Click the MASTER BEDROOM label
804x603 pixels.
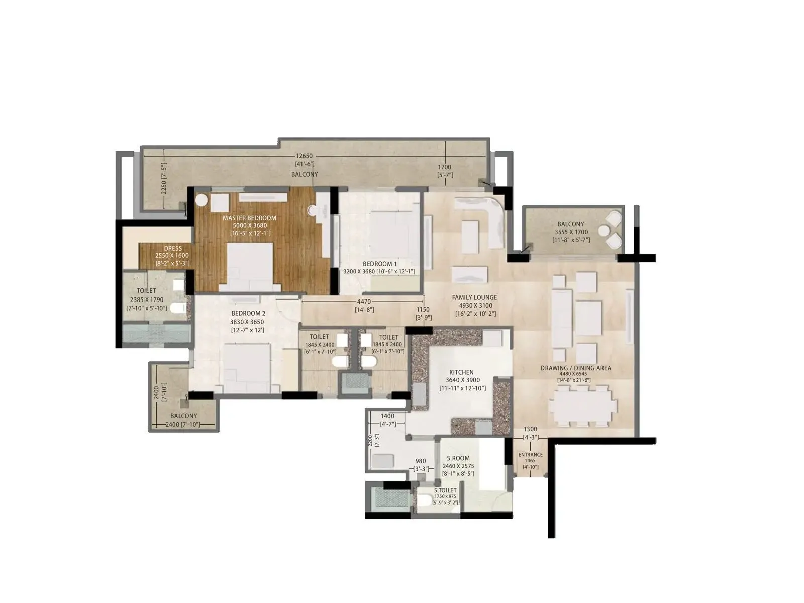(x=250, y=218)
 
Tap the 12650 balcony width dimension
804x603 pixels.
(x=305, y=156)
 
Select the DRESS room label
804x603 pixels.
(x=172, y=248)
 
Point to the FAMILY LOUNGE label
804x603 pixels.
(x=474, y=297)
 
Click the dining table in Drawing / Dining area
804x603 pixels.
(x=582, y=405)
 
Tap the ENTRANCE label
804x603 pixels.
(x=530, y=455)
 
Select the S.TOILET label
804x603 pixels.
(x=445, y=490)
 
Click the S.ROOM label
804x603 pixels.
(x=458, y=458)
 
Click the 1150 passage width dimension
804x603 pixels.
(x=423, y=310)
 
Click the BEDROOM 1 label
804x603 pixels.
(x=380, y=264)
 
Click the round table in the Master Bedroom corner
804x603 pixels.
(x=202, y=199)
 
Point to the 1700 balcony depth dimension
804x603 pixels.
(x=444, y=167)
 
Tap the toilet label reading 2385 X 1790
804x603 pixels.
(x=146, y=299)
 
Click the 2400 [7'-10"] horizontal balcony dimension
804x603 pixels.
(x=183, y=425)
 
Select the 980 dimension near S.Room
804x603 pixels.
(x=421, y=461)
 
